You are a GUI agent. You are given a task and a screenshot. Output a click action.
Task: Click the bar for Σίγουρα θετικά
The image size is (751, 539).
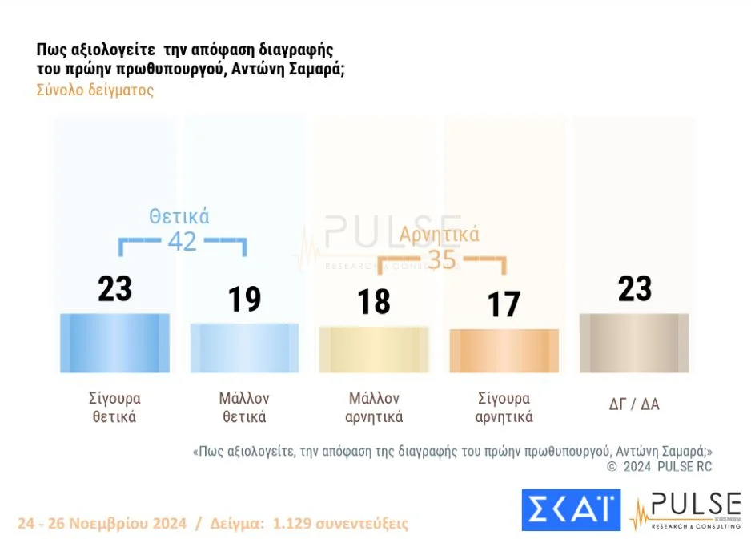[114, 343]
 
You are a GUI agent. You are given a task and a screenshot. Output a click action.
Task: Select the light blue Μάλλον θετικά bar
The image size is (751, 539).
[244, 348]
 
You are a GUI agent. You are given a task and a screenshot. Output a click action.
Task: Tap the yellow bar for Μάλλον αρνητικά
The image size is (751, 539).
[374, 350]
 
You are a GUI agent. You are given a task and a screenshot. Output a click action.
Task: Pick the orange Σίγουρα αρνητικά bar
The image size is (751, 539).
[504, 351]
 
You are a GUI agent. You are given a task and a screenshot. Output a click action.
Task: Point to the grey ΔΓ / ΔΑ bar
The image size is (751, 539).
[633, 343]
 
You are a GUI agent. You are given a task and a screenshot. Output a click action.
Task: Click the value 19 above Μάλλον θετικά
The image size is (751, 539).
[244, 299]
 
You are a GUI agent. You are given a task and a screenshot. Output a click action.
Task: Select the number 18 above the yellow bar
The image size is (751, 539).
[374, 302]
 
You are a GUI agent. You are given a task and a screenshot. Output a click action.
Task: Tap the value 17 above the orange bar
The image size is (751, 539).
[504, 304]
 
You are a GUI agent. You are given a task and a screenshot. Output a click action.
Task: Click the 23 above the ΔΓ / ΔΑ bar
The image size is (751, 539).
[634, 289]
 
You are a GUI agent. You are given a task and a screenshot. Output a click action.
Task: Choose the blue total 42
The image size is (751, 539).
[182, 241]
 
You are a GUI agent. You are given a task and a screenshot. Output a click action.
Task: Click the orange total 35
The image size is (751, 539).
[441, 260]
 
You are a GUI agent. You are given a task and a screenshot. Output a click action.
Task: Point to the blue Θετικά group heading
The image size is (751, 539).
[179, 216]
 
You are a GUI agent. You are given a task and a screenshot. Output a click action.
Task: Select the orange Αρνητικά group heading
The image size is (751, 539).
[440, 235]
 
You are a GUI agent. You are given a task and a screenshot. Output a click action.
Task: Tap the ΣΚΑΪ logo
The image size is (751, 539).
[570, 510]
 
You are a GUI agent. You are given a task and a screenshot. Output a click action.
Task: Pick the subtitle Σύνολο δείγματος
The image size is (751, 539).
[94, 91]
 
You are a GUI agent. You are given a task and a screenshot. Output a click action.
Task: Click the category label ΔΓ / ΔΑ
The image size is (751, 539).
[634, 404]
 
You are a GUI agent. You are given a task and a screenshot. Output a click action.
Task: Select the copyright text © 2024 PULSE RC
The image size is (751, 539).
[659, 466]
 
